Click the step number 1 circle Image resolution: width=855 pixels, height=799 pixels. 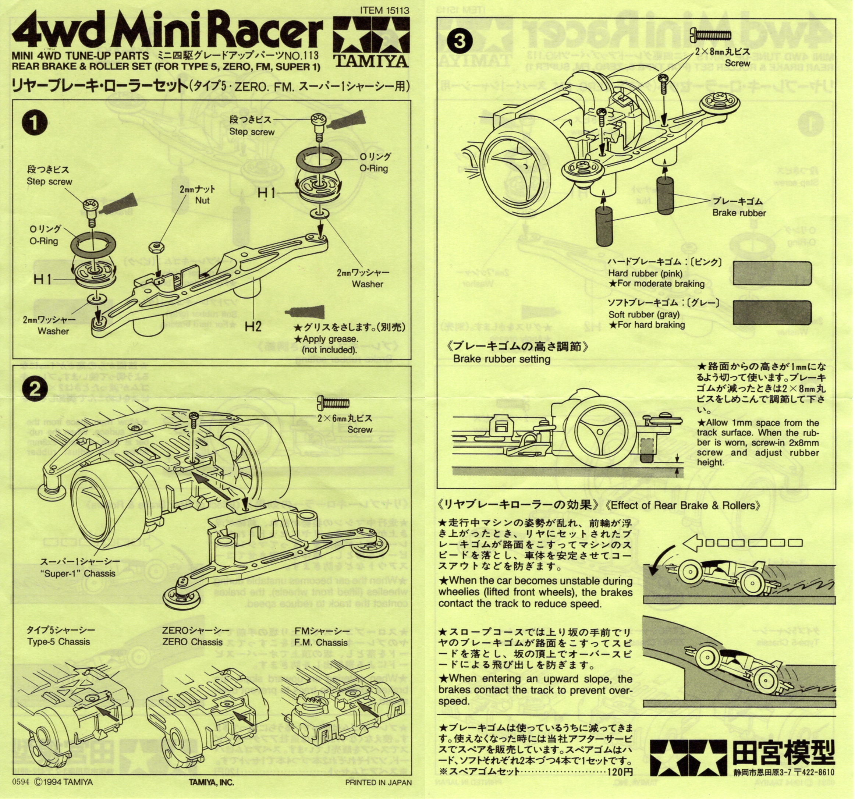35,122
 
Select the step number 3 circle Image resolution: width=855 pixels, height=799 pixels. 460,41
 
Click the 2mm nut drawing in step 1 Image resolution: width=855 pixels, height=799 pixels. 155,247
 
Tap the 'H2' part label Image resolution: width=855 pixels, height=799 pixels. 253,326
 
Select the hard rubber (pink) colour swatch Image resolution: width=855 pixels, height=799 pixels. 772,273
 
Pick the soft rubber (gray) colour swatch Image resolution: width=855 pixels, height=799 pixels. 772,312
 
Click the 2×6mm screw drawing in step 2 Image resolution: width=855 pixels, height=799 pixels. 333,403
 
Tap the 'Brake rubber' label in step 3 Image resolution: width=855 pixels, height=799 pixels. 739,213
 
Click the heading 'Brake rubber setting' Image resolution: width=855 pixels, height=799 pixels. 501,359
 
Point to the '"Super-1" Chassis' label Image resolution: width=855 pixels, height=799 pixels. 78,573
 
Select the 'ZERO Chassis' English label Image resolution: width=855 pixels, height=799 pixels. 192,642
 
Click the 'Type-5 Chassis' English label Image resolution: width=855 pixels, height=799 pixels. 58,642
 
